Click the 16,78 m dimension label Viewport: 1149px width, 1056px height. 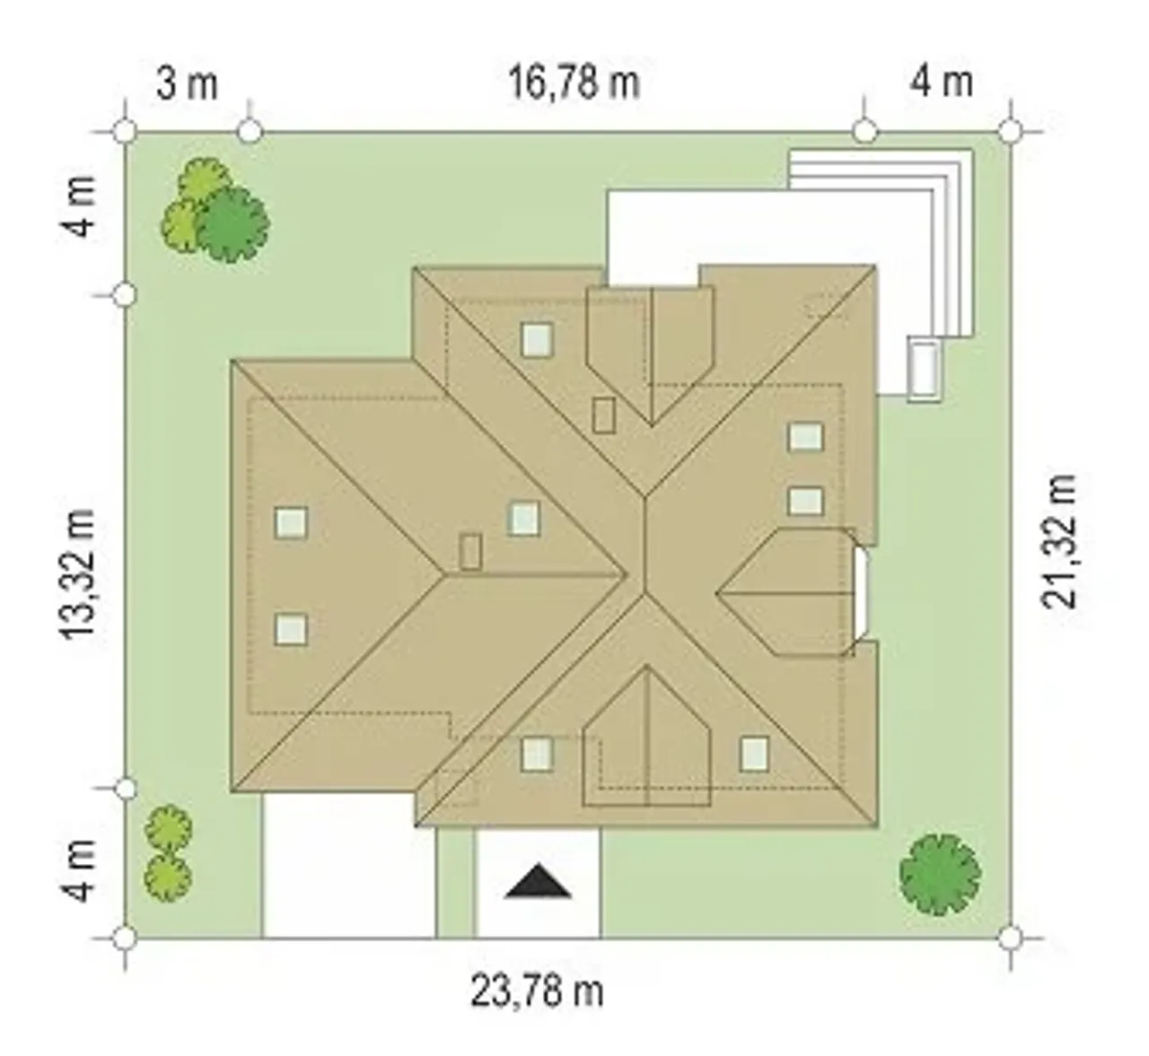coord(574,84)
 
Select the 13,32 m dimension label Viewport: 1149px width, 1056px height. coord(78,574)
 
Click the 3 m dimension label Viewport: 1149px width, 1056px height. coord(187,84)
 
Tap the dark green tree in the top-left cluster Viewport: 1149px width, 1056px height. coord(232,224)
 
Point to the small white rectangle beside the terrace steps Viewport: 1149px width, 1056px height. coord(924,368)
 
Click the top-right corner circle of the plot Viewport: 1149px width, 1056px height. coord(1011,132)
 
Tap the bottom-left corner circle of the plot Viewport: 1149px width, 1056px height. coord(126,938)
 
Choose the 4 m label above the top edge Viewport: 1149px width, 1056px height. coord(942,84)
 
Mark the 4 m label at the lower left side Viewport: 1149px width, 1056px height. coord(78,871)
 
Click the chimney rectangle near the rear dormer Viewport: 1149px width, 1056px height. coord(604,415)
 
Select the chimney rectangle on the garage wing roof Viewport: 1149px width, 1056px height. coord(470,552)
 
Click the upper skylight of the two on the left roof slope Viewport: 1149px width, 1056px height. coord(291,522)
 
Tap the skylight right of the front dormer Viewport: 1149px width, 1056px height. coord(754,755)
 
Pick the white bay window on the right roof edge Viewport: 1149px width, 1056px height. coord(862,593)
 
